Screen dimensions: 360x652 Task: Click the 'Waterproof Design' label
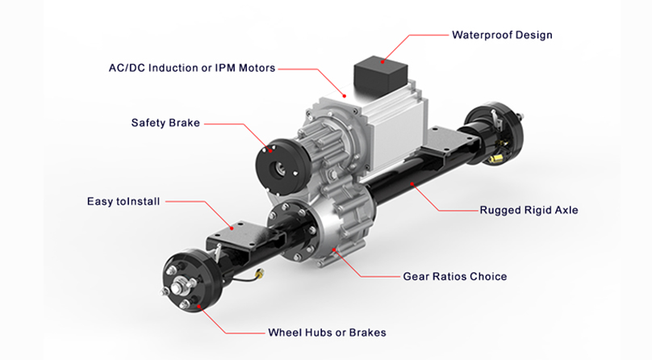coord(502,35)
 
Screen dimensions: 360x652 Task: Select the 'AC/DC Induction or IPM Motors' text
coord(191,67)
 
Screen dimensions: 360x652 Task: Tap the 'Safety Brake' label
coord(165,123)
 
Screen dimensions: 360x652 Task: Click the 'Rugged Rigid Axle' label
coord(529,210)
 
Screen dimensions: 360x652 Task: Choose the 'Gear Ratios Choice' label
coord(454,276)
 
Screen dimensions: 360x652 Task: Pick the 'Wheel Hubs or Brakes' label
coord(327,333)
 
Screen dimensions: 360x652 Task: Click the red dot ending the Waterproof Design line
coord(385,58)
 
